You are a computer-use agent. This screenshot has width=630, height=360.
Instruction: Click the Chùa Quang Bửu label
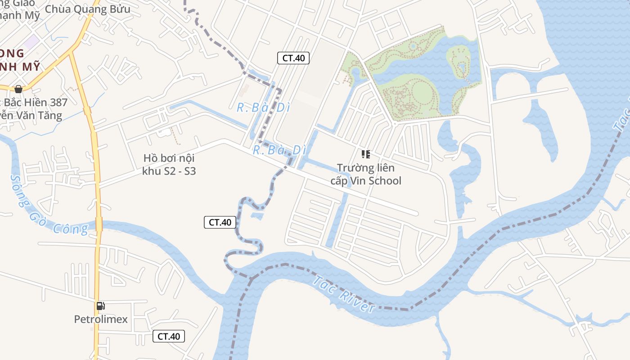point(88,9)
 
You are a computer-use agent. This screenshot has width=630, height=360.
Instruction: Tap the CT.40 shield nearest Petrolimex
point(169,336)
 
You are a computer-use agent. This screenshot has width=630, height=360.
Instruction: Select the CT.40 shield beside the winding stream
point(220,222)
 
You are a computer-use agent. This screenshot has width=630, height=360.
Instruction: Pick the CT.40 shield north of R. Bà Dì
point(293,58)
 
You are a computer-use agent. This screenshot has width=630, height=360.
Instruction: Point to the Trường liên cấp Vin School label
point(365,174)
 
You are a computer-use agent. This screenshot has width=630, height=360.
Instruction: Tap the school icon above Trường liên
point(366,154)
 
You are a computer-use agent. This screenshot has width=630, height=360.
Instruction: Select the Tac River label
point(344,295)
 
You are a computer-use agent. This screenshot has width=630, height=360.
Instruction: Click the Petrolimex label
point(101,319)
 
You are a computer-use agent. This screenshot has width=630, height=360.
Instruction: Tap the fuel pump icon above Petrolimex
point(101,306)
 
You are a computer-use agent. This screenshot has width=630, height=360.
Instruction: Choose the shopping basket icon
point(18,89)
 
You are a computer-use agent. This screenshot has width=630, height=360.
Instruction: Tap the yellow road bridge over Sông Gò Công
point(99,224)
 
